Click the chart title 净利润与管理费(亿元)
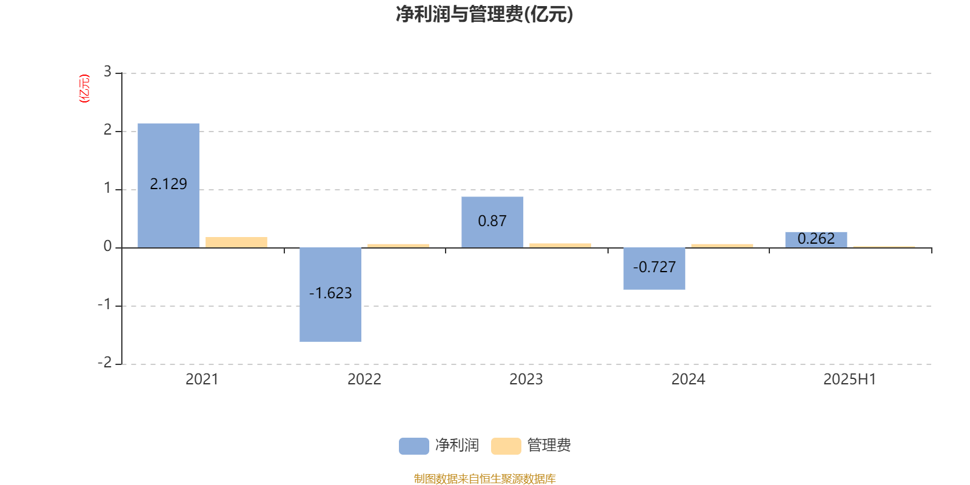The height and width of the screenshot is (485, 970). [484, 15]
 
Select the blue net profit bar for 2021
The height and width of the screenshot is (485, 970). [169, 186]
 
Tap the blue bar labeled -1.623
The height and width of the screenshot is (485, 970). [330, 295]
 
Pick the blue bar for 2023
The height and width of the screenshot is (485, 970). [492, 222]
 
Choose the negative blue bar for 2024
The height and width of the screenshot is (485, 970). [654, 269]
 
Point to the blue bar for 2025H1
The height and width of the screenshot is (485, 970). [816, 240]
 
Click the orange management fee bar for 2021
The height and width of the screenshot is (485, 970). [236, 242]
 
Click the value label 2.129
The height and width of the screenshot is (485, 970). [169, 184]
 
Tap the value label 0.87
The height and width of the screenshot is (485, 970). [492, 221]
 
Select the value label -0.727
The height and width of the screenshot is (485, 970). [654, 267]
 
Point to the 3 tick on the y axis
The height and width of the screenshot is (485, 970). [107, 72]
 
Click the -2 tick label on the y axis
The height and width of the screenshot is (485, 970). [105, 362]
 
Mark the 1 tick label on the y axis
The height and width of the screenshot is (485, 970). [107, 188]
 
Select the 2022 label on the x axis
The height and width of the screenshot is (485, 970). [364, 380]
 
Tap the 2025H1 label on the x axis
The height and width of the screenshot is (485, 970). [849, 380]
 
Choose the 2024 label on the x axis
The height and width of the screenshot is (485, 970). [688, 380]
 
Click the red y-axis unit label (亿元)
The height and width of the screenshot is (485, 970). [84, 89]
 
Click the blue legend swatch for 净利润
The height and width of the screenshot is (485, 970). [414, 446]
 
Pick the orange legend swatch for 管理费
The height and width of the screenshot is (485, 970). [506, 446]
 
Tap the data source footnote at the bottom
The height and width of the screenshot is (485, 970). [484, 478]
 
